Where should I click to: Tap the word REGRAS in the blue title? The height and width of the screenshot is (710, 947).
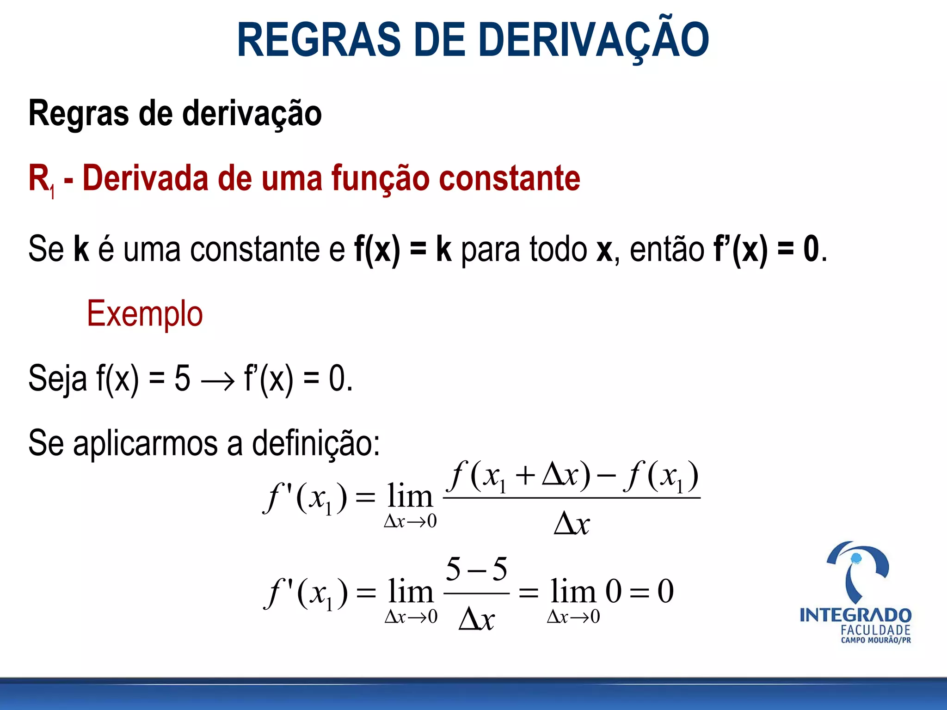[x=319, y=40]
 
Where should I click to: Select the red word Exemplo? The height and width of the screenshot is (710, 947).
[x=145, y=314]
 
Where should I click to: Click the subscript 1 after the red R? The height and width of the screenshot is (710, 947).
[x=53, y=191]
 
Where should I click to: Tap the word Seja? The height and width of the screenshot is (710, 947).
[x=57, y=379]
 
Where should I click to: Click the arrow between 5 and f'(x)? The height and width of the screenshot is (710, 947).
[x=218, y=382]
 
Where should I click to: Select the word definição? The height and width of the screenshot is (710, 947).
[x=316, y=443]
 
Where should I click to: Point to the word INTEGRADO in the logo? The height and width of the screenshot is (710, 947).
[x=855, y=615]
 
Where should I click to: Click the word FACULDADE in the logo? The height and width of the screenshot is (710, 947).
[x=875, y=630]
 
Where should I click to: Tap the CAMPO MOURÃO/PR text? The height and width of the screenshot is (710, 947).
[x=875, y=640]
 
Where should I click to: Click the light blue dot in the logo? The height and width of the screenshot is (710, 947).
[x=856, y=558]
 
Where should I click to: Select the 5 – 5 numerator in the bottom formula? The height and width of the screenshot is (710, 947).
[x=476, y=569]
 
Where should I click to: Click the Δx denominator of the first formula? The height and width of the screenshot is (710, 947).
[x=572, y=524]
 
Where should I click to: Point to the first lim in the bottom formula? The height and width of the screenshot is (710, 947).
[x=411, y=592]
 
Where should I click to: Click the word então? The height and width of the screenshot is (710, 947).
[x=667, y=249]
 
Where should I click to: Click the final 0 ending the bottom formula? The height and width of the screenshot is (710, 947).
[x=665, y=591]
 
